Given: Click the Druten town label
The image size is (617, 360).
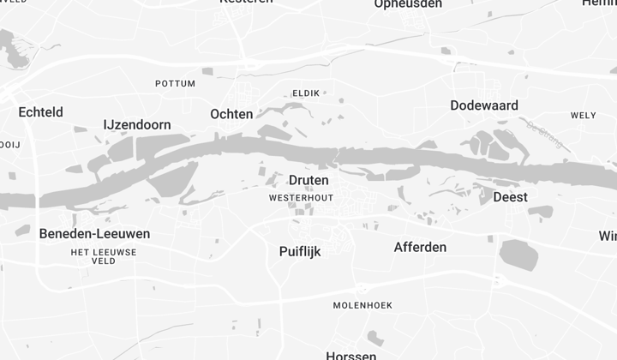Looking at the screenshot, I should point(308,180).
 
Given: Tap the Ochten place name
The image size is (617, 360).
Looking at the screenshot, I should point(231,114).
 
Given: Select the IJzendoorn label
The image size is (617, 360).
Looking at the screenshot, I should point(137,124).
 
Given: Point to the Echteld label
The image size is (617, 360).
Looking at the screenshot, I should point(40,112).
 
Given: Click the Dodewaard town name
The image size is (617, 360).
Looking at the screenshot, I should point(484,105).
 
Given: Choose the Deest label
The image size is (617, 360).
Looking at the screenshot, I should point(510,197).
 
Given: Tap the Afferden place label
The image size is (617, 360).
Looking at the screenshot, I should point(420,248).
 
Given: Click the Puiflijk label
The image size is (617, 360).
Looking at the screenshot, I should point(300,251).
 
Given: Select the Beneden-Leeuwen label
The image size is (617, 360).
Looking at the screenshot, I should point(94,233).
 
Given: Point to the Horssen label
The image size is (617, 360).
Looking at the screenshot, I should point(351,355).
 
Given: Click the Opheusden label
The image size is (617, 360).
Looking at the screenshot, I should point(408,4).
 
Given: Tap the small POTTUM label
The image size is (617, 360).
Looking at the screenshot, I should point(175,83).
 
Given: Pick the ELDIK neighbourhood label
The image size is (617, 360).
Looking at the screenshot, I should point(306,93).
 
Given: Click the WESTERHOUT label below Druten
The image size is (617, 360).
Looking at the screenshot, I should point(301,197).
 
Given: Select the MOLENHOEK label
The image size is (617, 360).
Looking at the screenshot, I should point(362,305).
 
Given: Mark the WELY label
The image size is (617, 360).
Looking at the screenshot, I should point(583,115).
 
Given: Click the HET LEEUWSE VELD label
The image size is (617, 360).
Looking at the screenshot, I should point(103,255).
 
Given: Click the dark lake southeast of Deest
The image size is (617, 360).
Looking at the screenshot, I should point(518,255).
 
